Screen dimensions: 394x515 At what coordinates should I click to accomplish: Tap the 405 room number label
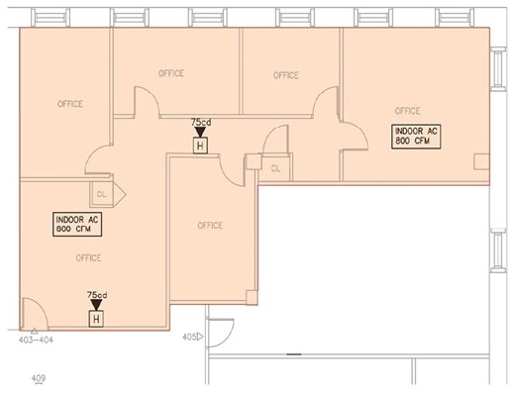tap(188, 338)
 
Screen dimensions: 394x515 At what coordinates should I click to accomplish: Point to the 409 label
tap(39, 377)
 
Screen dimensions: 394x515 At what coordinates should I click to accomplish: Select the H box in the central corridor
tap(199, 147)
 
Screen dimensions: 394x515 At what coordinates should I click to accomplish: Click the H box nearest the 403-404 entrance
tap(96, 319)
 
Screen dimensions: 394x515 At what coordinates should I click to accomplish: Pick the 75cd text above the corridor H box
tap(199, 122)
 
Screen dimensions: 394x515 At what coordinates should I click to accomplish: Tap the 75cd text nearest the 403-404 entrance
tap(97, 295)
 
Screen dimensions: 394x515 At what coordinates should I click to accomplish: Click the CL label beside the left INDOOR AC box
tap(101, 194)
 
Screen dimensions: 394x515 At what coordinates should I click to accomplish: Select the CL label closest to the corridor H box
tap(274, 167)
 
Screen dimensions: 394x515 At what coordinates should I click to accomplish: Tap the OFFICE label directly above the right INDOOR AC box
tap(407, 111)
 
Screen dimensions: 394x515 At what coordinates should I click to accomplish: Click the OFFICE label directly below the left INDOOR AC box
tap(88, 257)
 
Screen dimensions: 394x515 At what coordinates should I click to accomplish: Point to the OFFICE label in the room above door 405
tap(210, 225)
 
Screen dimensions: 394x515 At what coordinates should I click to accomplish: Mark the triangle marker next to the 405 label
tap(201, 338)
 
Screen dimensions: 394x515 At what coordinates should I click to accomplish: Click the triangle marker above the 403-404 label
tap(33, 329)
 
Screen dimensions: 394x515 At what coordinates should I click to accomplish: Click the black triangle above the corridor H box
tap(199, 132)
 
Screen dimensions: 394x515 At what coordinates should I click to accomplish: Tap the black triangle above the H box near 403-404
tap(97, 305)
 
